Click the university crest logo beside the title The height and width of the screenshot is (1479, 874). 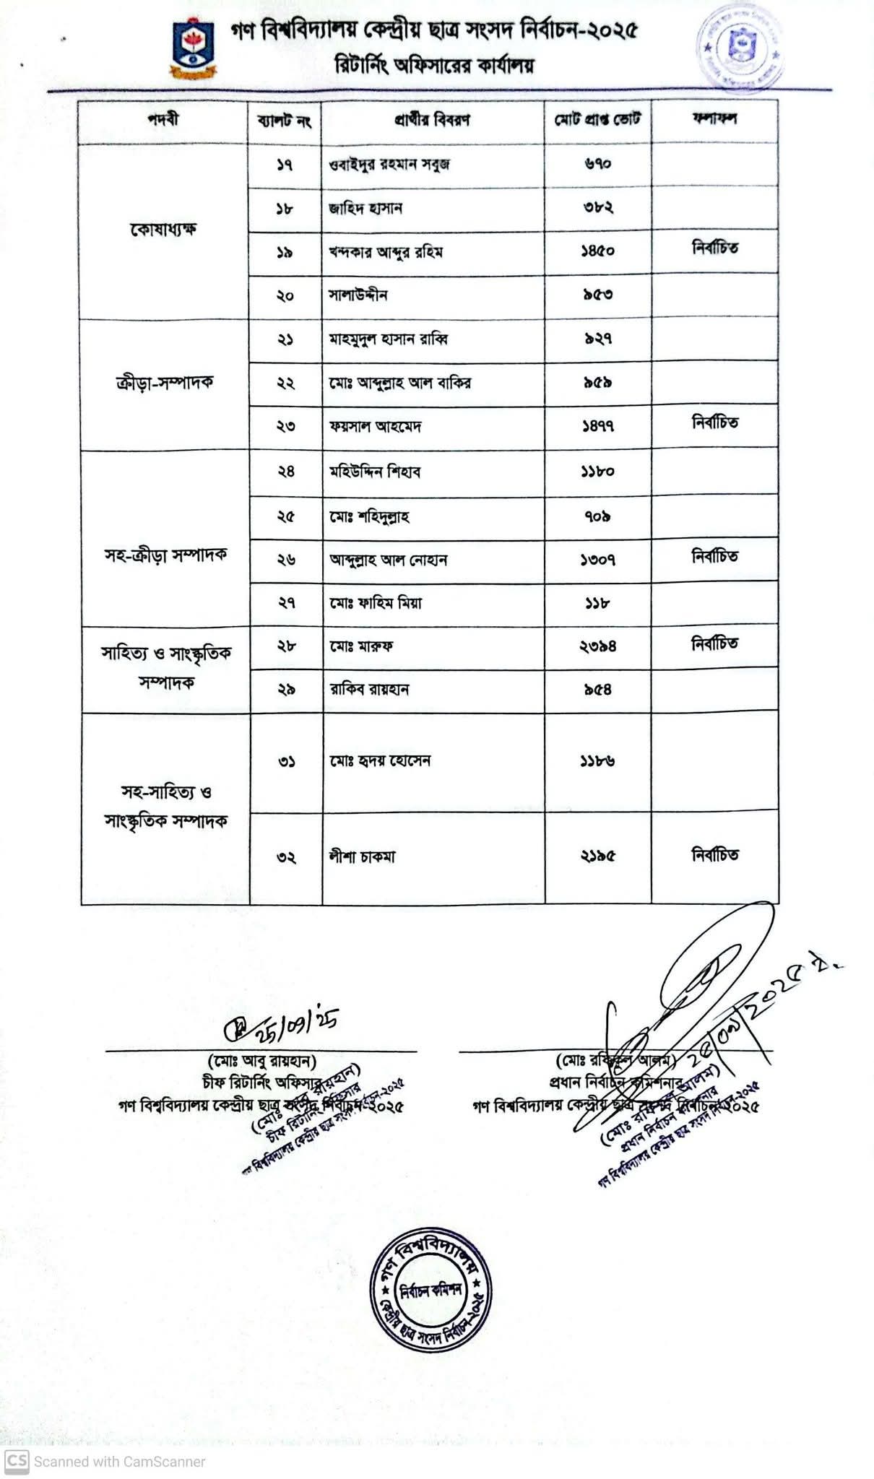(x=193, y=48)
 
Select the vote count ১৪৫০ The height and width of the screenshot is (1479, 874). (x=597, y=251)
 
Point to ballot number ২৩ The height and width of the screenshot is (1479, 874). (x=285, y=426)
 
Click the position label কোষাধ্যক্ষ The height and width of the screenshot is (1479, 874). (x=164, y=230)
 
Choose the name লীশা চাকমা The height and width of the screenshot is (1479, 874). (x=362, y=857)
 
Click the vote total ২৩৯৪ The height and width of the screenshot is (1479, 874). (x=597, y=646)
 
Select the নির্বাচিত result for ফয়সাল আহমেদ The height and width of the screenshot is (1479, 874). (x=714, y=423)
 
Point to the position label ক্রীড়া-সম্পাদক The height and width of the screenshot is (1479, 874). (x=164, y=383)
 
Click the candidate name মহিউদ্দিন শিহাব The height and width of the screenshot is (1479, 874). (x=375, y=472)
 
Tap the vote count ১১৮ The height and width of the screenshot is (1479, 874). (x=597, y=603)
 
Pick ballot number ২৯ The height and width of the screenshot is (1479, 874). (x=285, y=690)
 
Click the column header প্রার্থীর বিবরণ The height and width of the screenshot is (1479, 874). (x=432, y=120)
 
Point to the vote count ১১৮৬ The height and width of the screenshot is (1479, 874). (x=597, y=761)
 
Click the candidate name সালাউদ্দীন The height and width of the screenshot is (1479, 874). (x=358, y=295)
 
